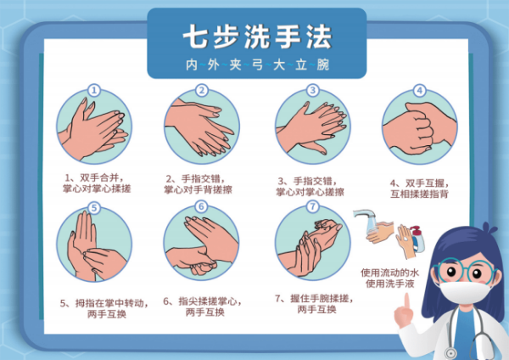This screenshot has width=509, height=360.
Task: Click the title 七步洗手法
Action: pos(257,37)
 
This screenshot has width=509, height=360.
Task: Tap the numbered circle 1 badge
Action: pos(94,90)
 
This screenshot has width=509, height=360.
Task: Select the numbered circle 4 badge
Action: pos(419,90)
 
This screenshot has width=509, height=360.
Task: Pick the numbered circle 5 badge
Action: pos(94,208)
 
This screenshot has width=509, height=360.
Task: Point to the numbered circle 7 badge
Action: pos(312,206)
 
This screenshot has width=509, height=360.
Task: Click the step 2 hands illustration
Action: pos(202,127)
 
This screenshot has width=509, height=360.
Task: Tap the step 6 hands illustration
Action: pos(201,243)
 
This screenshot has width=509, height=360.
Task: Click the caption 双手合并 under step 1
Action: pos(98,177)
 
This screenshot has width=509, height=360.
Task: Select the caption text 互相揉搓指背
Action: pos(419,194)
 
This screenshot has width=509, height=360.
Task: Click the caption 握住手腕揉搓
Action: pos(319,298)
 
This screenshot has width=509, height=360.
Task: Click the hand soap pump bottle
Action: pos(417,239)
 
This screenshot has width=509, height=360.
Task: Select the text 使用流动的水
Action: pos(389,273)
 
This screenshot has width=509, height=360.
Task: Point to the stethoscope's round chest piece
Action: pos(450,353)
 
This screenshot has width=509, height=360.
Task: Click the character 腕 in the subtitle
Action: pos(323,65)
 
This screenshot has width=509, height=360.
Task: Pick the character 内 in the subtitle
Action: pos(192,65)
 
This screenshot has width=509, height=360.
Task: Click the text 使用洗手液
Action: pos(390,284)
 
